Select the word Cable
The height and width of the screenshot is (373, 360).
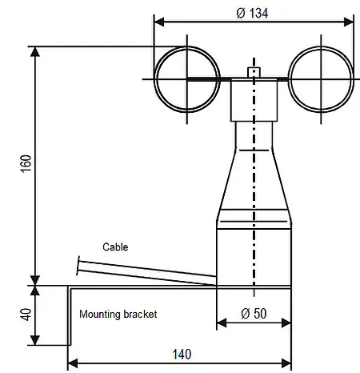[x=115, y=247]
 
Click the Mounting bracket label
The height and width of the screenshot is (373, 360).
[x=118, y=315]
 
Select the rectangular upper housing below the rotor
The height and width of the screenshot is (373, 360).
[x=254, y=100]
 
